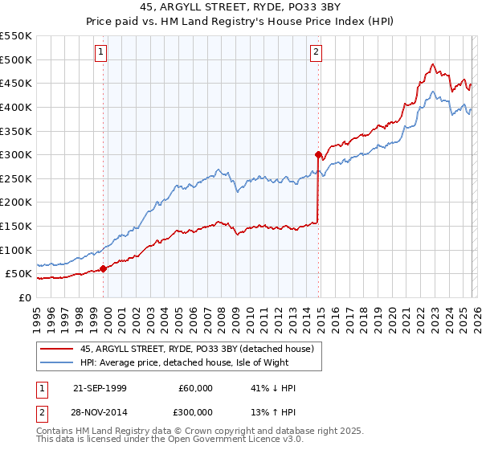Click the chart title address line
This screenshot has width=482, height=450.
pos(241,8)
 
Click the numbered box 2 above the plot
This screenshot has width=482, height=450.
pos(317,53)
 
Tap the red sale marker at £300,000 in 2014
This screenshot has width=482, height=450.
pos(319,154)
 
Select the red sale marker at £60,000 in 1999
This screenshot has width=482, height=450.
pos(104,269)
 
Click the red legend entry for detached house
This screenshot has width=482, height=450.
pos(201,349)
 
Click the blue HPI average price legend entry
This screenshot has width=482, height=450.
pos(201,362)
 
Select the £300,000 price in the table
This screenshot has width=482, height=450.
pos(196,411)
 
